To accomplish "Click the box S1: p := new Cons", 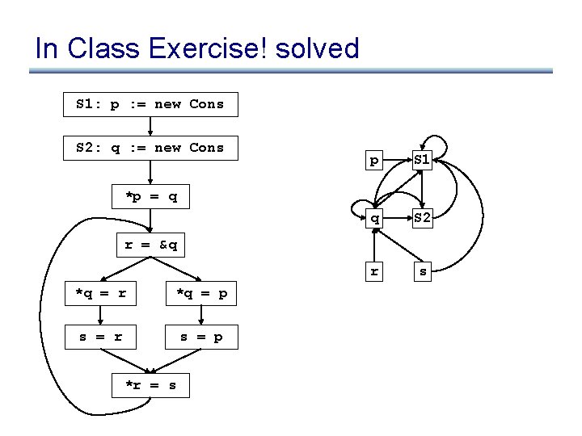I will coord(150,104).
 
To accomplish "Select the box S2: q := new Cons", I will coord(150,148).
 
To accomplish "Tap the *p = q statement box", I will coord(150,197).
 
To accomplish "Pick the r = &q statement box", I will coord(150,245).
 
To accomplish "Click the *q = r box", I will coord(100,294).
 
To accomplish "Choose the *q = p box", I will coord(201,294).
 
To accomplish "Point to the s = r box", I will coord(100,337).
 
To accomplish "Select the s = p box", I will coord(201,337).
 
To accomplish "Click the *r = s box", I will coord(150,386).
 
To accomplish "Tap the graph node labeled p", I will coord(373,161).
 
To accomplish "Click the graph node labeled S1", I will coord(423,161).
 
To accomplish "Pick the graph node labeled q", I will coord(373,217).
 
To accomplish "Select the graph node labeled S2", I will coord(423,217).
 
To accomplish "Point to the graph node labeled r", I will coord(373,272).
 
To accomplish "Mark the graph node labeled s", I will coord(423,272).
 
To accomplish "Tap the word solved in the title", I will coord(317,48).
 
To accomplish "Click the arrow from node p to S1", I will coord(398,161).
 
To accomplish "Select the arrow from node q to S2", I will coord(398,217).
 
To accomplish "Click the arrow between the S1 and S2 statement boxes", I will coord(150,126).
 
